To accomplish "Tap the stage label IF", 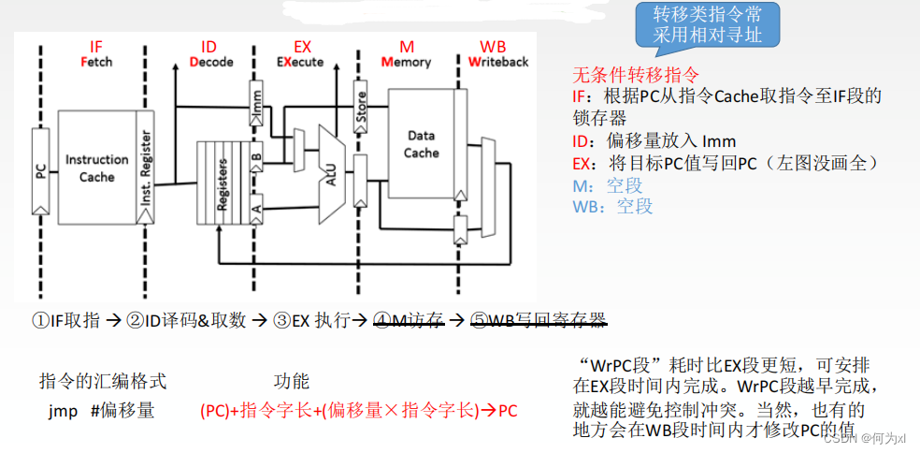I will pos(96,47).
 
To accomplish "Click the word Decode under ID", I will pos(212,63).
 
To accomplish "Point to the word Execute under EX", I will pos(300,63).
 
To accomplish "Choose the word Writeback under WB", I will pos(498,63).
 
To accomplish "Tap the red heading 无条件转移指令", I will pos(635,75).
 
